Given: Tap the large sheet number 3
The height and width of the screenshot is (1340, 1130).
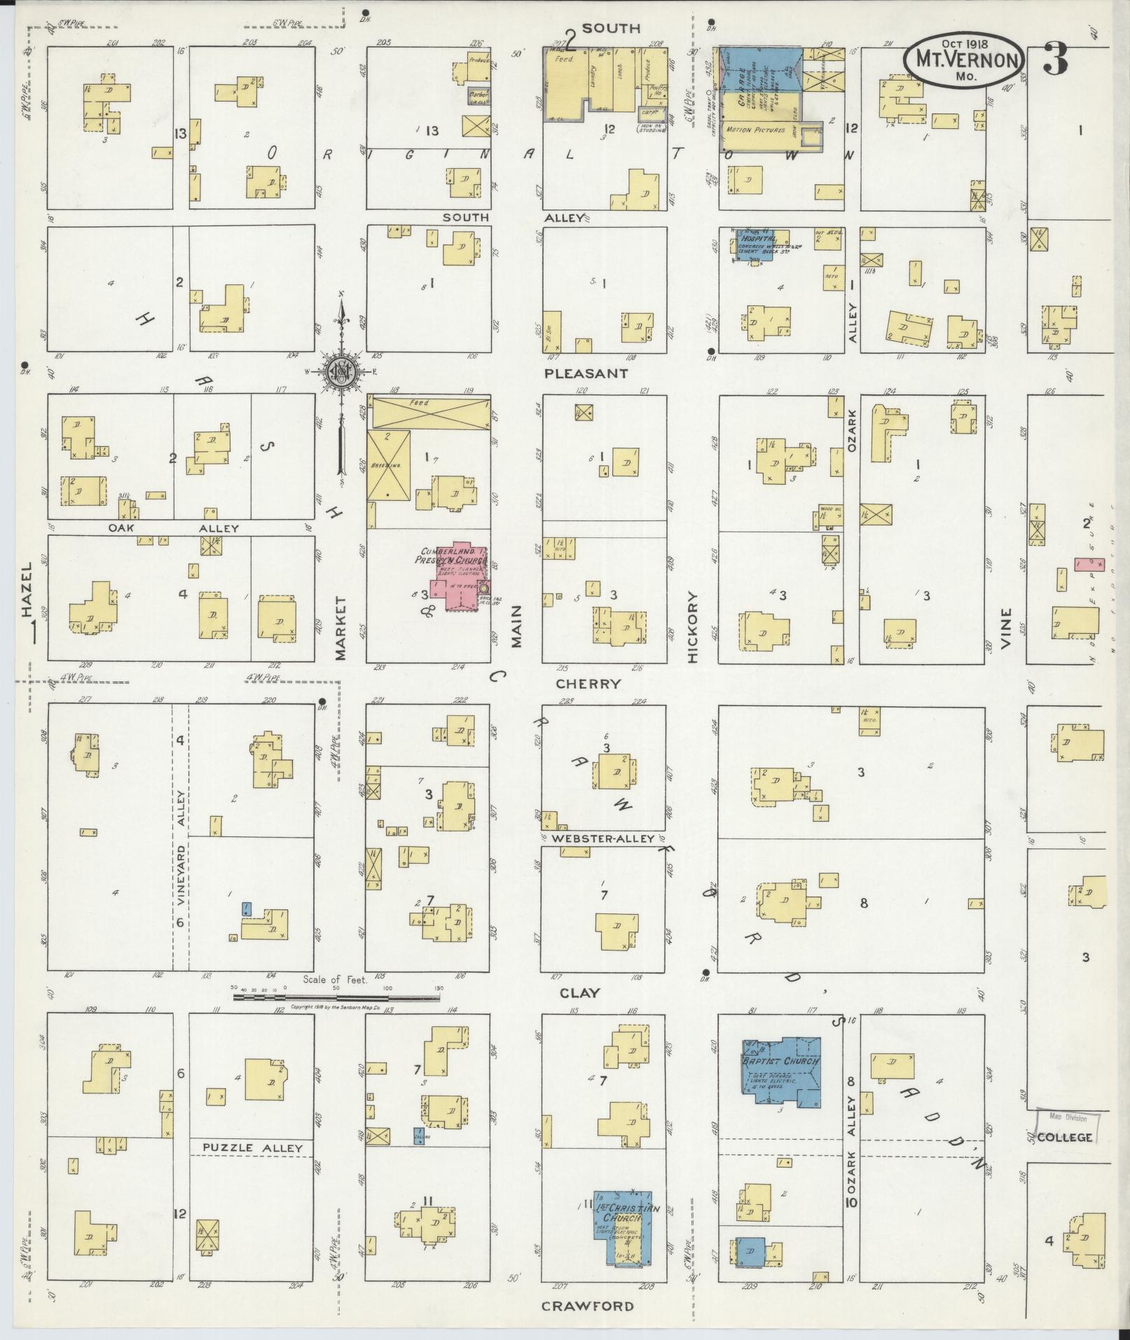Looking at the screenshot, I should [x=1055, y=58].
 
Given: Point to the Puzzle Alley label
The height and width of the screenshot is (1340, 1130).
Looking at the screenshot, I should [x=252, y=1148].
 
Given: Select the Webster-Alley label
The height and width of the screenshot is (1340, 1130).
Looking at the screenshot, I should [x=603, y=838].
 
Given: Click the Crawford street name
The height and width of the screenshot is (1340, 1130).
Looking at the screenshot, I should [x=588, y=1306].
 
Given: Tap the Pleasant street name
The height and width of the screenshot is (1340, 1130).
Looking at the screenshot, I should [x=586, y=373].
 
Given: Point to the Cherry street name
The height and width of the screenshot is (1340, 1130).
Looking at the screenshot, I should [x=588, y=684].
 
